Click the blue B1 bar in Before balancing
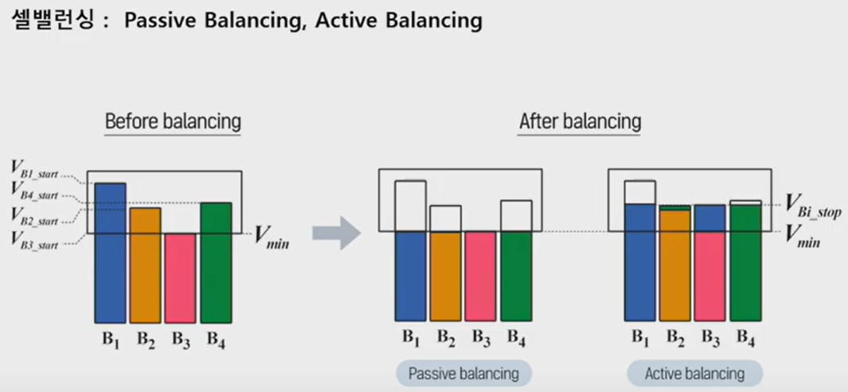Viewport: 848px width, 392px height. pos(110,253)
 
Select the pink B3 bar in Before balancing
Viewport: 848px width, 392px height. pos(180,278)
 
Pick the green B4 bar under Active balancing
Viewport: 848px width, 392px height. pos(745,263)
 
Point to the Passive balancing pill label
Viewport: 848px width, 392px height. pos(463,373)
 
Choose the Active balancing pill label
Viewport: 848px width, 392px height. pos(694,373)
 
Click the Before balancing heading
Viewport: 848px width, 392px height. pos(173,122)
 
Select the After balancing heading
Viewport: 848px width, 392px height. pos(580,122)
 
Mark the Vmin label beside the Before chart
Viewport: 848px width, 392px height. pos(272,236)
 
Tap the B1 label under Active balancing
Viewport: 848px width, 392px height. pos(640,338)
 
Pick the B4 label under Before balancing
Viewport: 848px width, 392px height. pos(216,338)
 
